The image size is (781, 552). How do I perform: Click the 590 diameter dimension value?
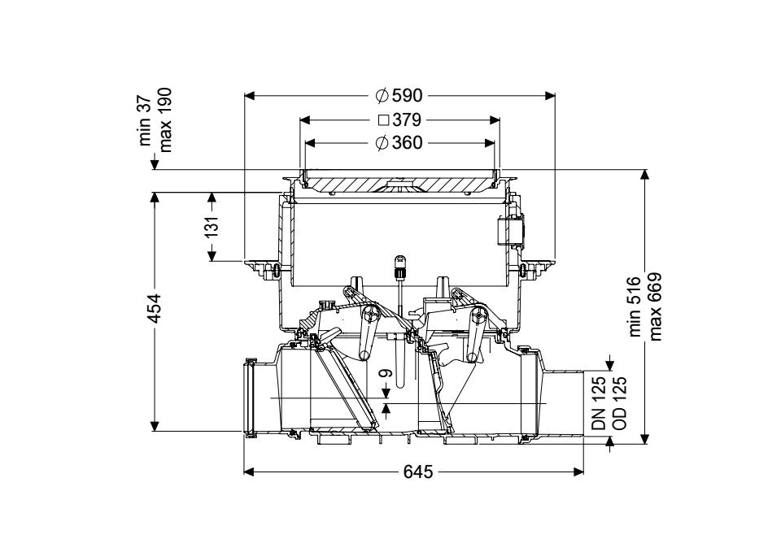click(407, 95)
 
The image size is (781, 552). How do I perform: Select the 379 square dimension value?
click(407, 120)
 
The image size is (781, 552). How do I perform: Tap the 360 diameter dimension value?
click(407, 143)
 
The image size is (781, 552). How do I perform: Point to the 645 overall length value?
click(418, 472)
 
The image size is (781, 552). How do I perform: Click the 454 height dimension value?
click(155, 308)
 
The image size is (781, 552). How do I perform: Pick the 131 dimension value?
click(212, 227)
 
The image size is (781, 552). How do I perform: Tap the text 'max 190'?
click(164, 120)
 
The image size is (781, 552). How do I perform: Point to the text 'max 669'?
click(654, 306)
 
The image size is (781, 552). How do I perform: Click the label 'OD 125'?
click(618, 403)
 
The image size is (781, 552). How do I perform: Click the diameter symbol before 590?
click(382, 95)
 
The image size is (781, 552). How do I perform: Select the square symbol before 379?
click(383, 120)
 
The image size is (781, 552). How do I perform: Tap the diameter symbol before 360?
click(382, 143)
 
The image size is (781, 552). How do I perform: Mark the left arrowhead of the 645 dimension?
click(249, 472)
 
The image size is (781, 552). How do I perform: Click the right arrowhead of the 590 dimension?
click(550, 96)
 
